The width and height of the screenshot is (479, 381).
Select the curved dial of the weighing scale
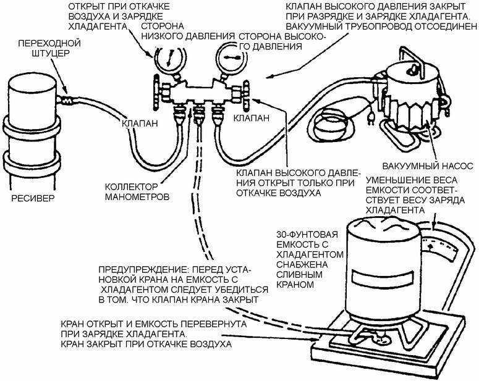[x=443, y=245]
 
